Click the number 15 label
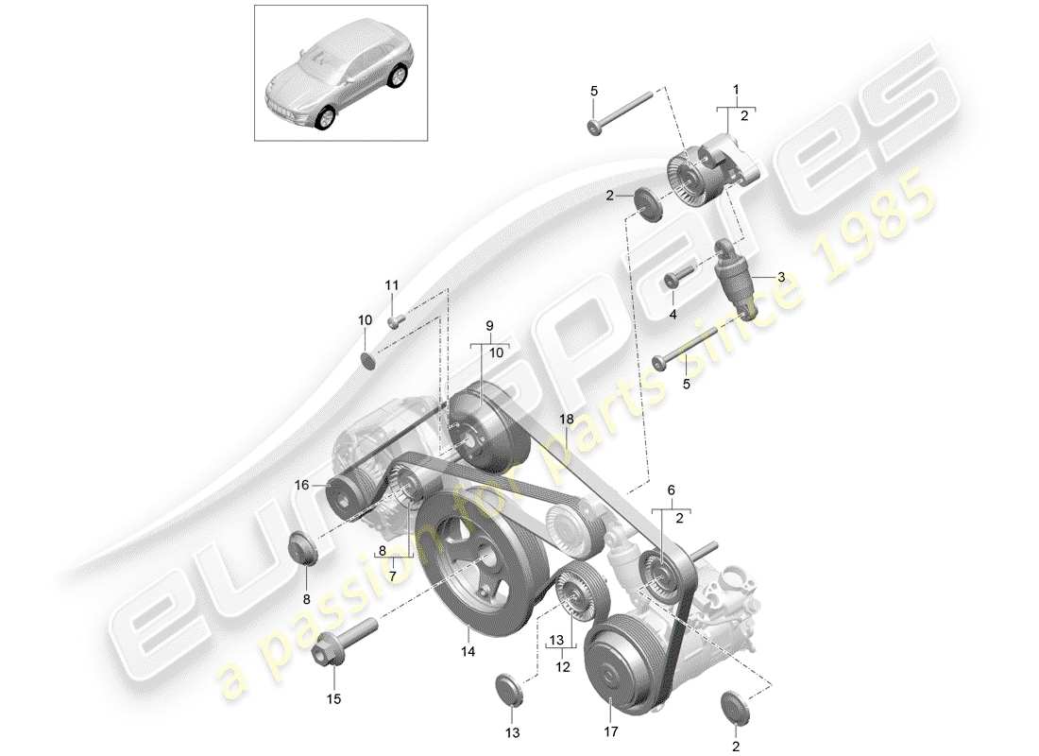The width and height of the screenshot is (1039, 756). pyautogui.click(x=334, y=700)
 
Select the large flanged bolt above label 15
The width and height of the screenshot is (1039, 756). pyautogui.click(x=340, y=643)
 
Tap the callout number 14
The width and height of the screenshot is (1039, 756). pyautogui.click(x=468, y=652)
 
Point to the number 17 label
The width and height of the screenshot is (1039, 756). pyautogui.click(x=610, y=731)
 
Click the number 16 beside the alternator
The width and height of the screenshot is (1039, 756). pyautogui.click(x=301, y=485)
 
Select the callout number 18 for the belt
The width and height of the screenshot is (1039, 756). pyautogui.click(x=566, y=417)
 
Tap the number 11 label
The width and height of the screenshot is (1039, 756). pyautogui.click(x=392, y=285)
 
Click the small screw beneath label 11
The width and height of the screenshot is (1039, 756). pyautogui.click(x=397, y=319)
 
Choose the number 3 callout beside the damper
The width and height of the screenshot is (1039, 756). pyautogui.click(x=781, y=277)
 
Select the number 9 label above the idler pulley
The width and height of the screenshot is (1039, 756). pyautogui.click(x=490, y=325)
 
